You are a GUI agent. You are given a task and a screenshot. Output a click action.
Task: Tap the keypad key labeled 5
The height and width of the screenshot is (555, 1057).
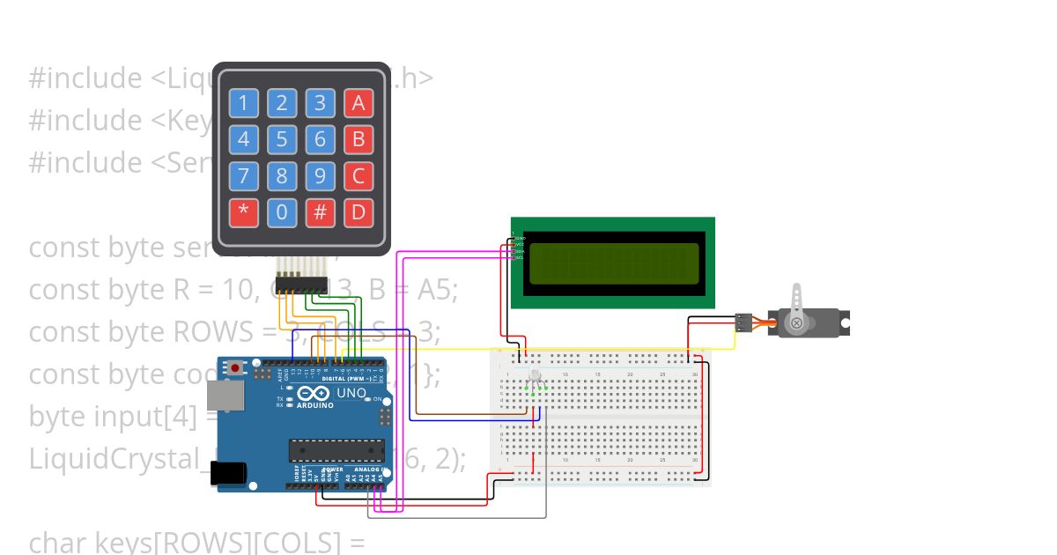tap(282, 139)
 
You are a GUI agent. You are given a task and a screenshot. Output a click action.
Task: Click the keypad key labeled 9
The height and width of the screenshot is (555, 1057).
tap(321, 175)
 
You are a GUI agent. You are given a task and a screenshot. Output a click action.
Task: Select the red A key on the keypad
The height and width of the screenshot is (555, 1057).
tap(358, 103)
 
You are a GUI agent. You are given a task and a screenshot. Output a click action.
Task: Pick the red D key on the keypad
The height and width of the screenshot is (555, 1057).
tap(358, 212)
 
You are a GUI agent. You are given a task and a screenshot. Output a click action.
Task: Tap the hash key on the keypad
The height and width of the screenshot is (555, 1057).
tap(321, 212)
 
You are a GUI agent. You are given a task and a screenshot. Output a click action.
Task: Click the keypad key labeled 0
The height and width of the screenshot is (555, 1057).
tap(282, 212)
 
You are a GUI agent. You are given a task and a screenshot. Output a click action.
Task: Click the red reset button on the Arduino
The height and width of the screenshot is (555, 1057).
tap(234, 367)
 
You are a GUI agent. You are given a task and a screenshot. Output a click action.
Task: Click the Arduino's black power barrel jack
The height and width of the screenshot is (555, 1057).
tap(229, 473)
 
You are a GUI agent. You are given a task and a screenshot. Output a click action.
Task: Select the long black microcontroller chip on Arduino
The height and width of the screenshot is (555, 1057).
tap(337, 450)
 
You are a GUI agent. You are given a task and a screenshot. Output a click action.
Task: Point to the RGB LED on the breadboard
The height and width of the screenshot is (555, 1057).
tap(535, 379)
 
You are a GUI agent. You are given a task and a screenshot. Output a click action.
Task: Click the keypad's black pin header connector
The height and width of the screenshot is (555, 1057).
tap(300, 285)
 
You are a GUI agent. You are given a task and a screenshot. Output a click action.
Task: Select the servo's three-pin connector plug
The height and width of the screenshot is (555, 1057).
tap(745, 323)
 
